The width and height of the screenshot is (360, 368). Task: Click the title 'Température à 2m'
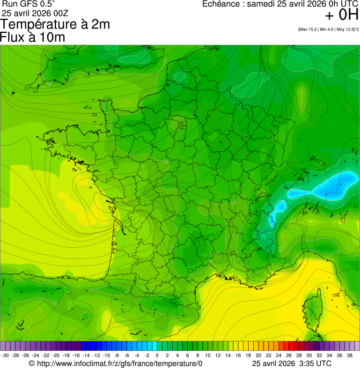[x=55, y=24]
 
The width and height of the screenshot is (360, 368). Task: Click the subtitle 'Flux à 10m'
[x=33, y=37]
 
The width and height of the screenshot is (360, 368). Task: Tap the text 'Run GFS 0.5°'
[x=29, y=4]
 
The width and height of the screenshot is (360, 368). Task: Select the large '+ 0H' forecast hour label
[x=341, y=15]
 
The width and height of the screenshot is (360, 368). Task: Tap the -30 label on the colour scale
[x=5, y=355]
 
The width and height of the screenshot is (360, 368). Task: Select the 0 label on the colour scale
[x=157, y=355]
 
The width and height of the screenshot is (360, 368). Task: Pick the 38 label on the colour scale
[x=350, y=355]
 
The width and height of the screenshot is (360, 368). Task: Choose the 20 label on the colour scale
[x=258, y=355]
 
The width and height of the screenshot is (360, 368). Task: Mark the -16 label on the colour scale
[x=76, y=355]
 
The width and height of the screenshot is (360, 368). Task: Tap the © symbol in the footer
[x=32, y=364]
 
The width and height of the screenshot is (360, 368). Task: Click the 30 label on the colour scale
[x=309, y=355]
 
